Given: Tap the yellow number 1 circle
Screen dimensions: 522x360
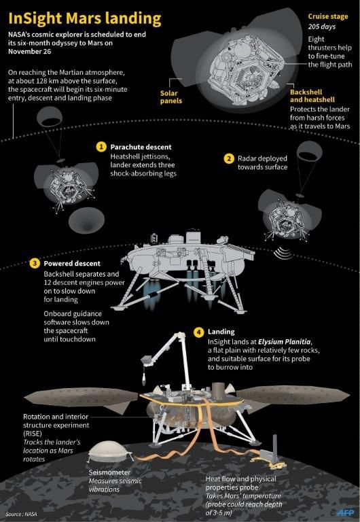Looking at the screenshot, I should click(x=101, y=147).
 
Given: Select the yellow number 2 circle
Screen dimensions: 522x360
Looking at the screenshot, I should click(x=230, y=158).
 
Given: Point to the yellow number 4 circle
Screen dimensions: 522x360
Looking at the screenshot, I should click(x=198, y=332).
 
